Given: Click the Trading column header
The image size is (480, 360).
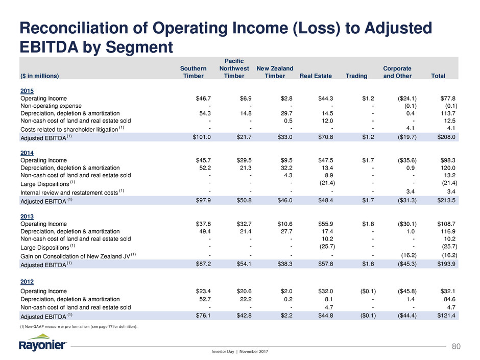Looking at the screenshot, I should [356, 76].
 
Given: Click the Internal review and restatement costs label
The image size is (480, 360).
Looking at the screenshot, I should [67, 193].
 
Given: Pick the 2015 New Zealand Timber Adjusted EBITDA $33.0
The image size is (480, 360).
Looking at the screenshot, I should [283, 138].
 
